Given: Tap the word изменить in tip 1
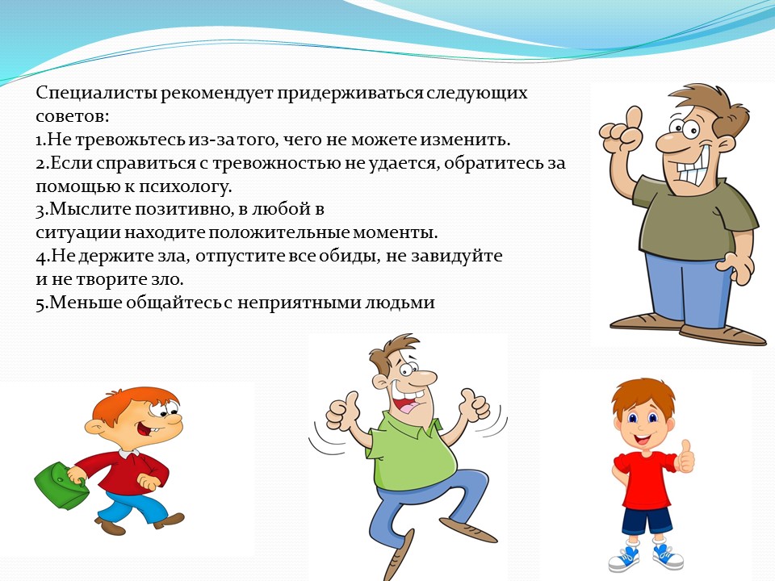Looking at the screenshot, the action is coord(465,140).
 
